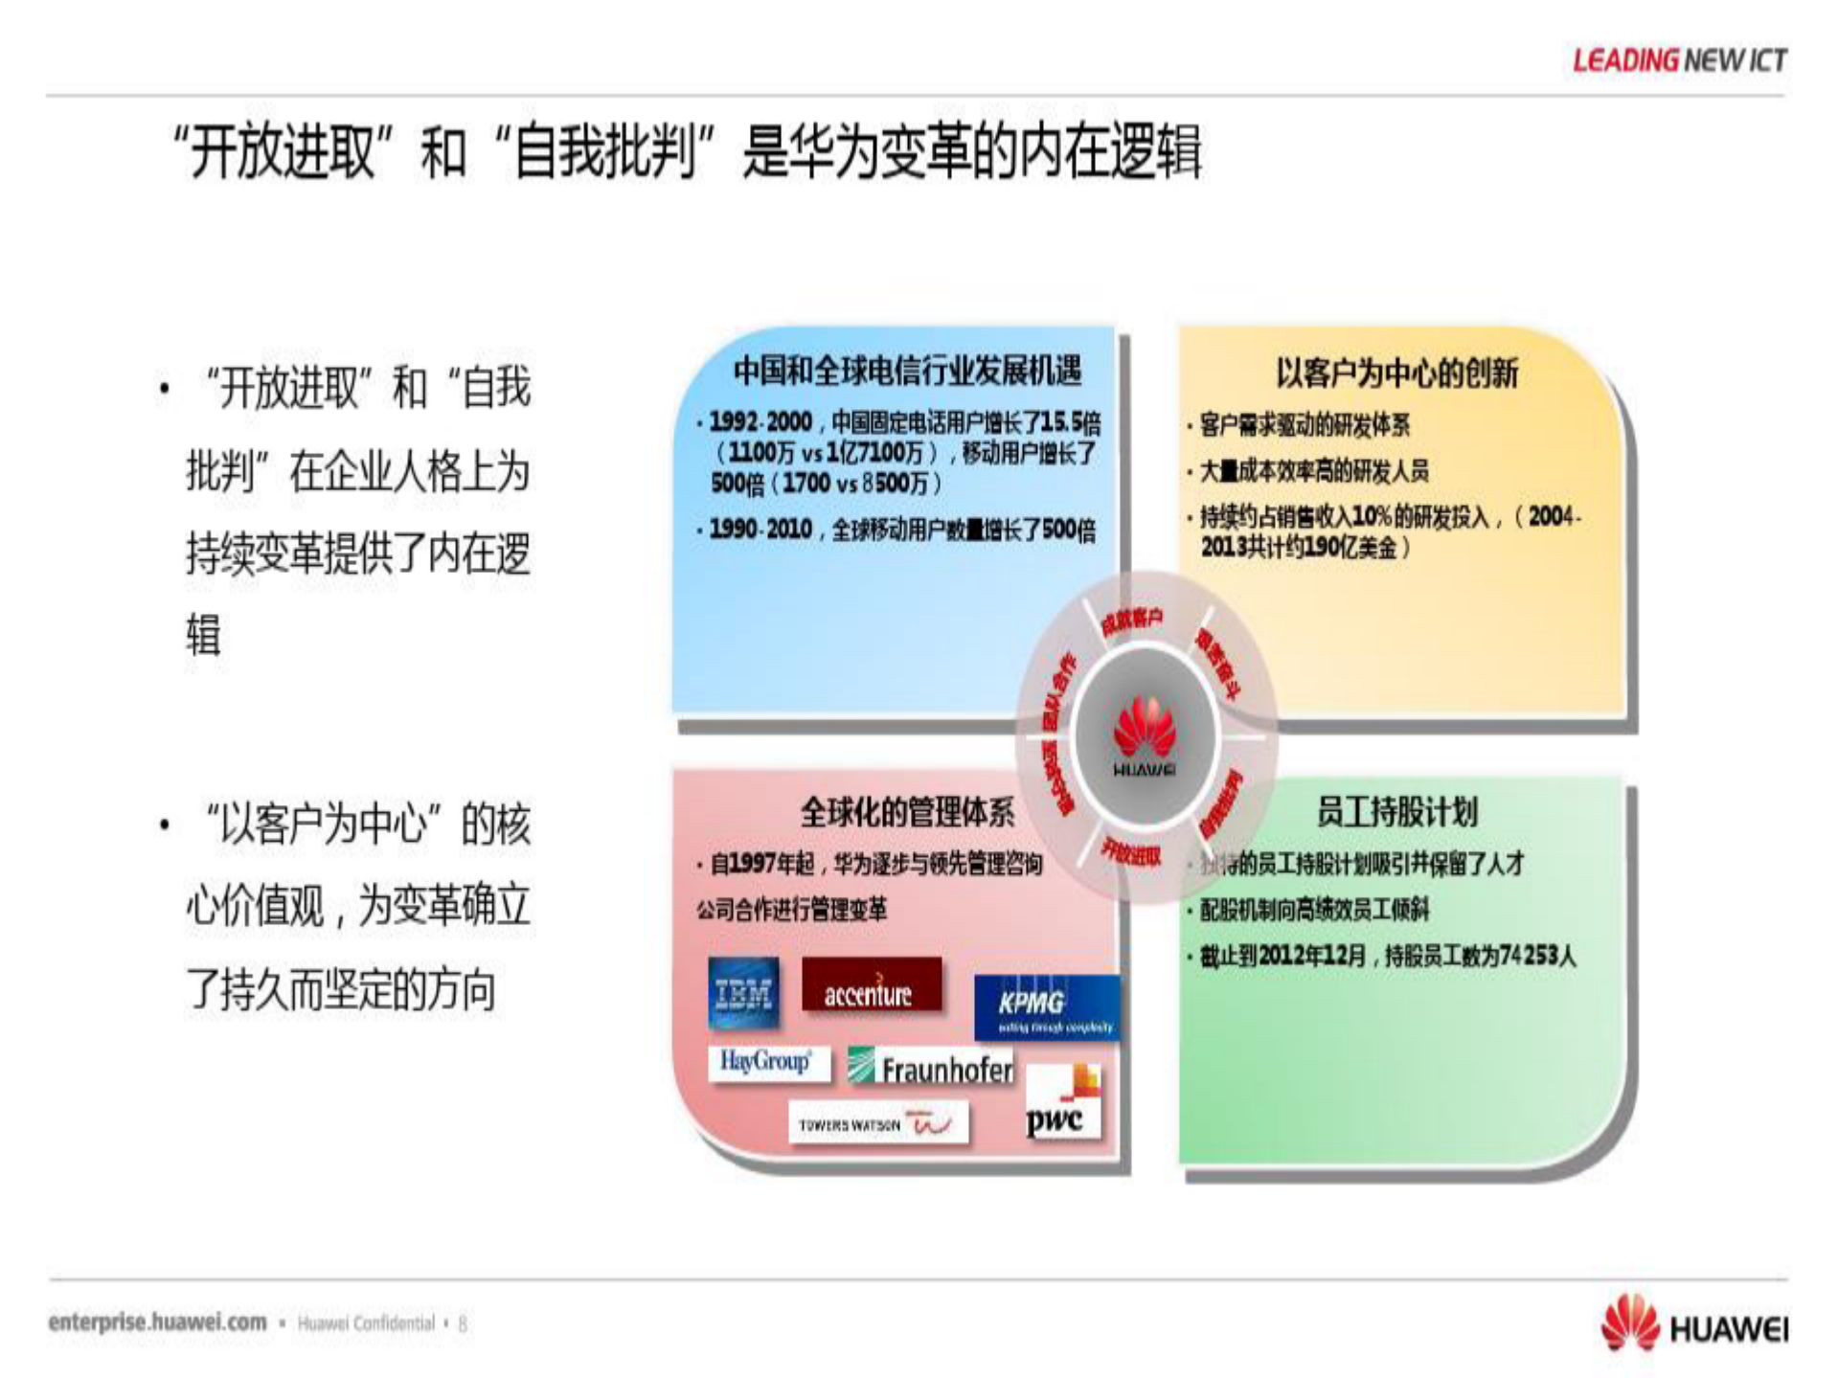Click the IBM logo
743,993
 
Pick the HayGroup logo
766,1061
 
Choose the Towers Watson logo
877,1124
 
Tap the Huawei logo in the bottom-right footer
1693,1325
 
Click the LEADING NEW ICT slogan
1678,60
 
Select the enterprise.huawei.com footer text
158,1322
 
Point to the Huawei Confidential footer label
366,1323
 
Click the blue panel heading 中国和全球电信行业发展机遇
907,371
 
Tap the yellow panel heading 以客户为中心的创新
1396,373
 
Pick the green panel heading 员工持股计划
1396,812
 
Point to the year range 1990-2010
760,529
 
